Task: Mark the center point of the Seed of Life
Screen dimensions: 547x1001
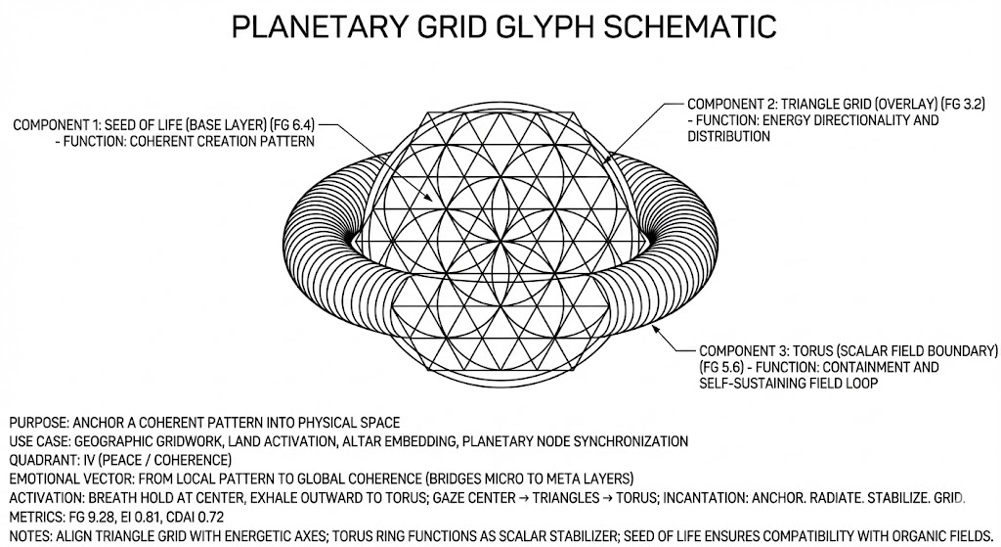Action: point(500,238)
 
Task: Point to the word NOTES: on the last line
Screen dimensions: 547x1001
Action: point(31,534)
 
